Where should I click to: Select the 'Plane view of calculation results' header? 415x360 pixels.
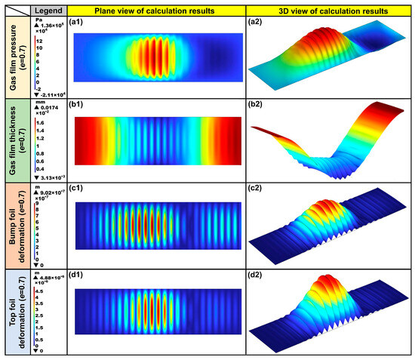tap(156, 12)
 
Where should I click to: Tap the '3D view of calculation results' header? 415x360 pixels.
tap(330, 12)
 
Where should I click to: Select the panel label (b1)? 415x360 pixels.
tap(76, 106)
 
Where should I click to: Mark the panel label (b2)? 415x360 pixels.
tap(257, 106)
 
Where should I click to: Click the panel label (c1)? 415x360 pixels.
tap(76, 189)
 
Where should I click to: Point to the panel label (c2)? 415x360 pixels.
tap(257, 189)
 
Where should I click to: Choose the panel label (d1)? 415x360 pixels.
tap(76, 276)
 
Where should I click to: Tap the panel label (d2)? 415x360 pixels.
tap(257, 276)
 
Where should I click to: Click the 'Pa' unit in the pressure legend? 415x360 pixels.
tap(41, 23)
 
